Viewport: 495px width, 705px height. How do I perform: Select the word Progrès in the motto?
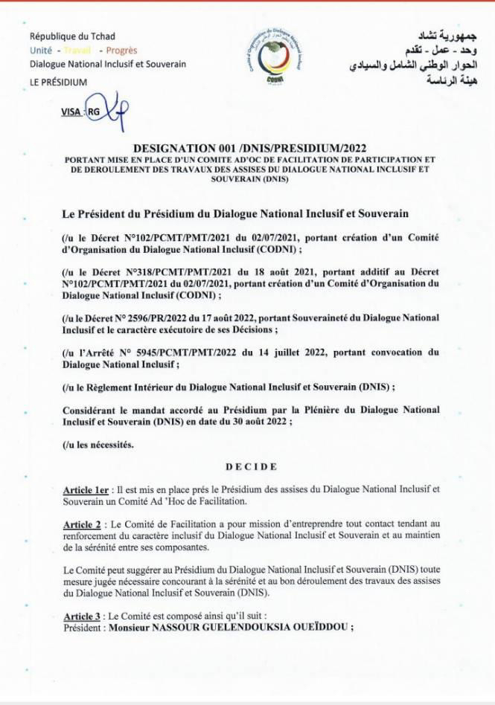121,51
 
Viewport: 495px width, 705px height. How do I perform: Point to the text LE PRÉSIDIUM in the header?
59,82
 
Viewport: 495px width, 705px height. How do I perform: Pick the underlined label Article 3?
83,617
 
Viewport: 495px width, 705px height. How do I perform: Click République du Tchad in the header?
72,36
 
